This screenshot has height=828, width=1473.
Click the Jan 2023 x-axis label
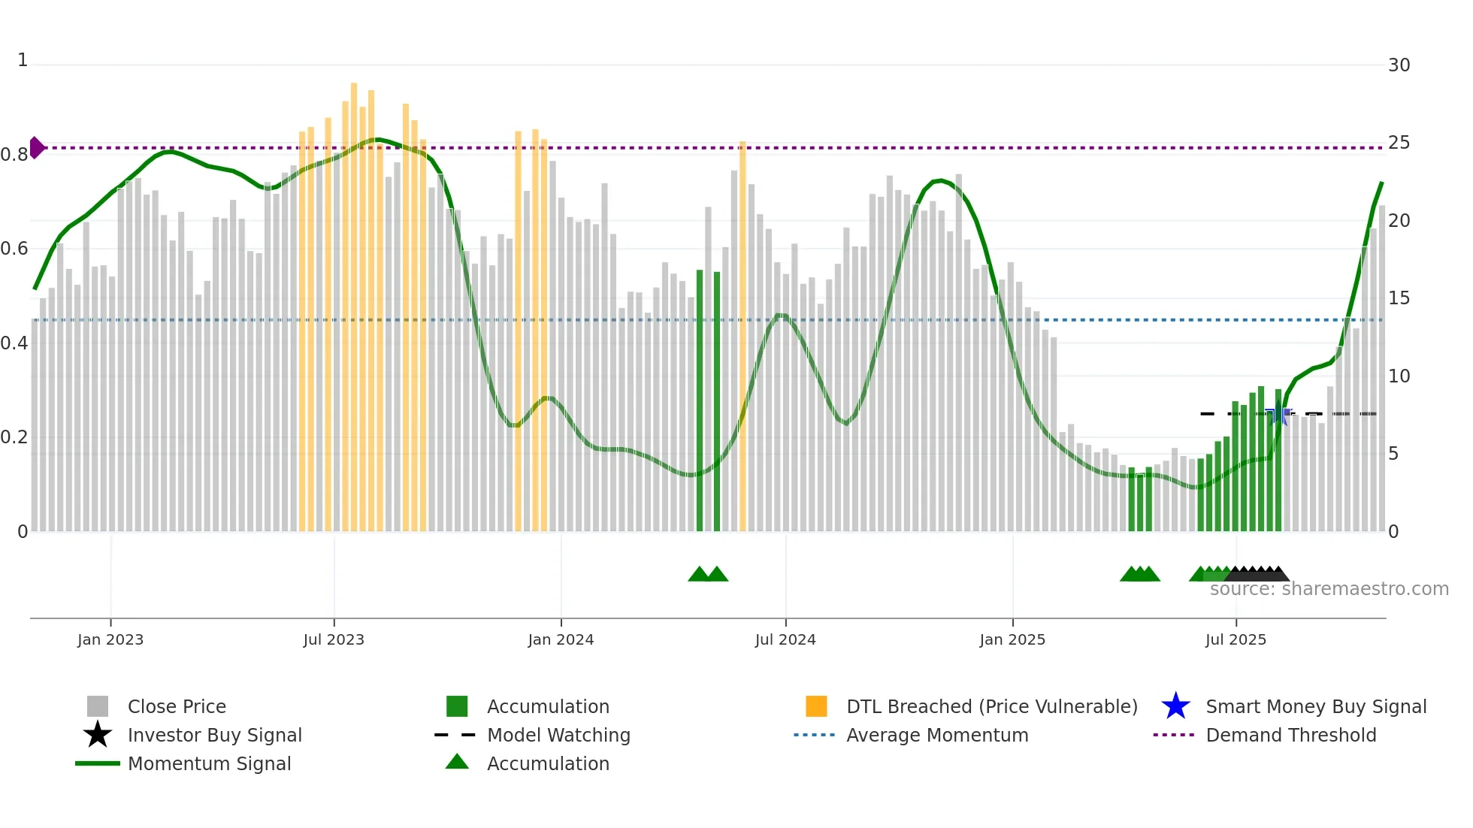[110, 639]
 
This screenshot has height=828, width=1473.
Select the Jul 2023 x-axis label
[334, 639]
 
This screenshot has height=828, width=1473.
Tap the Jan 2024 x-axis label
[561, 639]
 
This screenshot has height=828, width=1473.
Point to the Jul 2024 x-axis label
[785, 639]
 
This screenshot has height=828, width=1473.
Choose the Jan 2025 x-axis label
[1012, 639]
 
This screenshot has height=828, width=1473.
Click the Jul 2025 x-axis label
[1236, 639]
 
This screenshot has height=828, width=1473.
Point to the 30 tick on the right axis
[1399, 65]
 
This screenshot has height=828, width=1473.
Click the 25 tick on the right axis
[1399, 143]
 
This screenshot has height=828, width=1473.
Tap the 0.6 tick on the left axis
[14, 249]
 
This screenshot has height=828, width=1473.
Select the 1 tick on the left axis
[23, 60]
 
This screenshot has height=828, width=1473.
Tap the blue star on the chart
[1278, 414]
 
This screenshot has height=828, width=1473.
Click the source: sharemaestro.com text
[1329, 589]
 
